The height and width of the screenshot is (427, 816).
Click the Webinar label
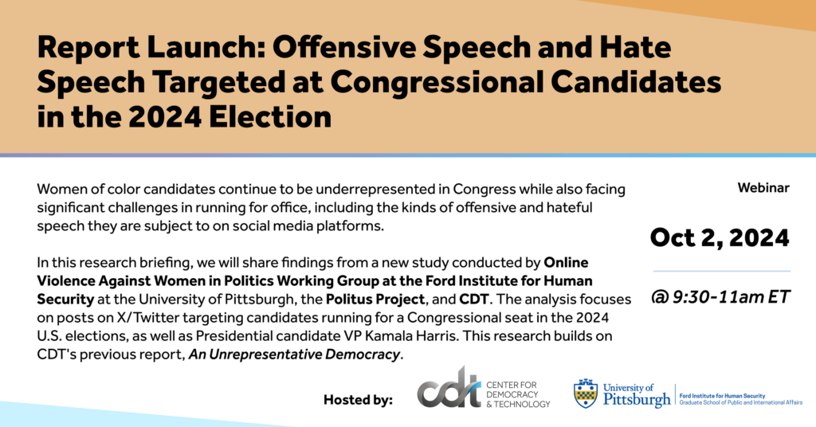point(763,188)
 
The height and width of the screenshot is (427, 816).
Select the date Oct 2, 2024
point(720,237)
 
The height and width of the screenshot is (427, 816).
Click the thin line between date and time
point(720,271)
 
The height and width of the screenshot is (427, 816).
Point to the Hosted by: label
point(358,399)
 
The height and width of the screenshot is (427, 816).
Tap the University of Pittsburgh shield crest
point(586,393)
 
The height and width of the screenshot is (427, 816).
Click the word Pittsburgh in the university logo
point(637,400)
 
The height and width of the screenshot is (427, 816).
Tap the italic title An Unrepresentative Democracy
point(294,354)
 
